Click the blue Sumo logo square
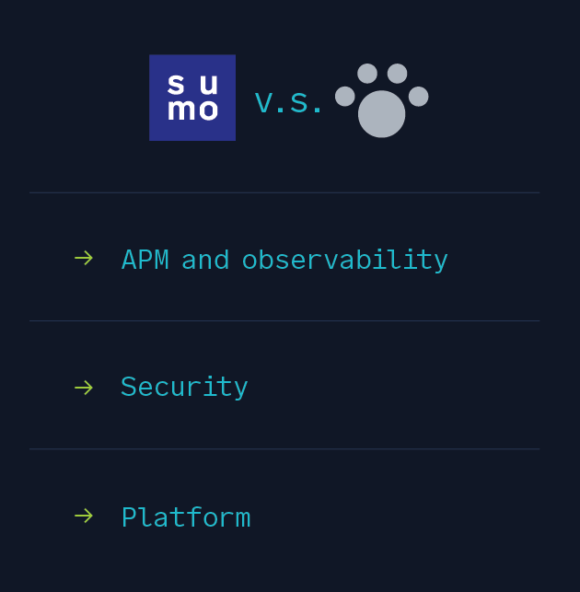tap(192, 98)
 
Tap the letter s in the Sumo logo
tap(176, 84)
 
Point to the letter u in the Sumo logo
tap(209, 85)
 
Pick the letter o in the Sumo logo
tap(205, 110)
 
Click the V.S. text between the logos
tap(288, 103)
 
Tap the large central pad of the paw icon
tap(381, 114)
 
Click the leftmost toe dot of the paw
tap(345, 97)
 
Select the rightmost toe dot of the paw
tap(418, 97)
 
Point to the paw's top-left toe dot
tap(367, 74)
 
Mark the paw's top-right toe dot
tap(397, 74)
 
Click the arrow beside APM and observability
tap(84, 258)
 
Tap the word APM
tap(145, 260)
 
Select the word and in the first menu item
tap(205, 260)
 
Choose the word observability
tap(344, 261)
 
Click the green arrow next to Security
tap(84, 388)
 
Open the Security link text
tap(184, 388)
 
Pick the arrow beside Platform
tap(84, 516)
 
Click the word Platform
tap(186, 517)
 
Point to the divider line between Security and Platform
tap(284, 449)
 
